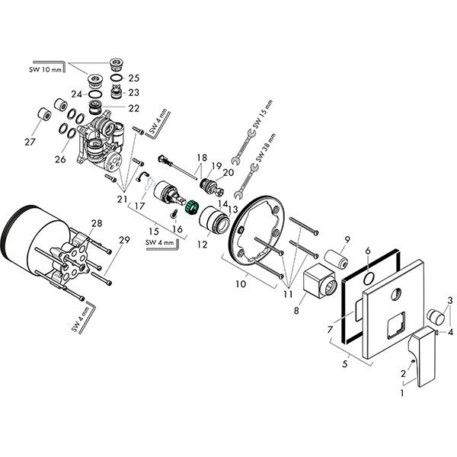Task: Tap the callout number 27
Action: tap(30, 141)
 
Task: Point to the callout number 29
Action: tap(124, 241)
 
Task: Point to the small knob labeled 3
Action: tap(436, 317)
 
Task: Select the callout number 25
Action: tap(133, 78)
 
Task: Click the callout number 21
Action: tap(123, 199)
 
